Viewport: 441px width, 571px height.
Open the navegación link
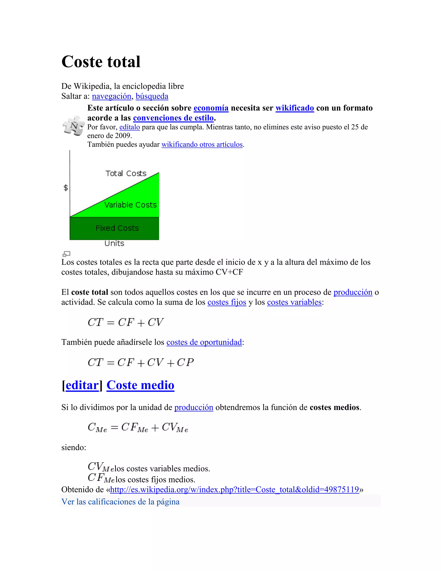pos(111,96)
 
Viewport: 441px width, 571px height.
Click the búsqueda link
pos(152,96)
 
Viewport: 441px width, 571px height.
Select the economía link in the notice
pos(211,108)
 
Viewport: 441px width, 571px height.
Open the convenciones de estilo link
pos(173,118)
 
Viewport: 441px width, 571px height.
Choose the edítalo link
pos(130,127)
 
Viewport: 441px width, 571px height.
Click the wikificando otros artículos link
pos(202,144)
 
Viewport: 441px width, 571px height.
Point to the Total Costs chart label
pos(126,173)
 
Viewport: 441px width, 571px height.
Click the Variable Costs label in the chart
pos(130,205)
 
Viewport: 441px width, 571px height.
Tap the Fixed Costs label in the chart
pos(117,228)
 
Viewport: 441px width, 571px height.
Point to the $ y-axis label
pos(66,187)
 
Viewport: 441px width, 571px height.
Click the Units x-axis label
pos(114,243)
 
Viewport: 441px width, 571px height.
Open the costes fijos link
pos(227,302)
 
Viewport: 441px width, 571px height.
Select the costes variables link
pos(294,302)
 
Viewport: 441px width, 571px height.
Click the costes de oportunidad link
pos(204,342)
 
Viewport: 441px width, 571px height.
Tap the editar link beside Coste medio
pos(82,385)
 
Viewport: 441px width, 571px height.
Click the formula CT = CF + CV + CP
pos(141,363)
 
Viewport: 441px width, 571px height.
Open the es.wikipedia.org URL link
pos(234,489)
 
